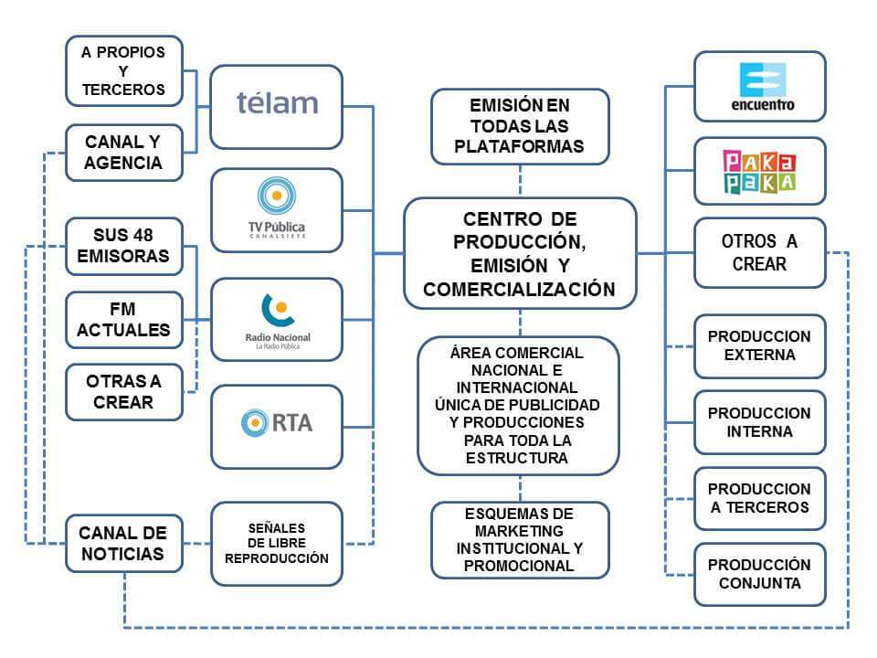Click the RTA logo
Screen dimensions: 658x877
coord(276,422)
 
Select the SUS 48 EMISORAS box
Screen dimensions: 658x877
coord(123,244)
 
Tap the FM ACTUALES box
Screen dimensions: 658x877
coord(123,319)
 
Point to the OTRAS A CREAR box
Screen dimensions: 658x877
coord(123,391)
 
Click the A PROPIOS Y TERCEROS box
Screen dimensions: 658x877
coord(123,70)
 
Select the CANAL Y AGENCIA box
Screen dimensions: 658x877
coord(123,152)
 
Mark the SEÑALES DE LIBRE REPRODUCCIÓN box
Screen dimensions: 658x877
coord(276,543)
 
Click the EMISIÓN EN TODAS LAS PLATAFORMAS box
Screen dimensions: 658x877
coord(520,124)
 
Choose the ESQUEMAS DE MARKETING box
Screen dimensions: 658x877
coord(520,539)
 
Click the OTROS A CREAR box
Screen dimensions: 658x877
coord(759,252)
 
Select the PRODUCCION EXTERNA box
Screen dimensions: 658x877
coord(759,345)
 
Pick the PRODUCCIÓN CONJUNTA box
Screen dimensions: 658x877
coord(759,573)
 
